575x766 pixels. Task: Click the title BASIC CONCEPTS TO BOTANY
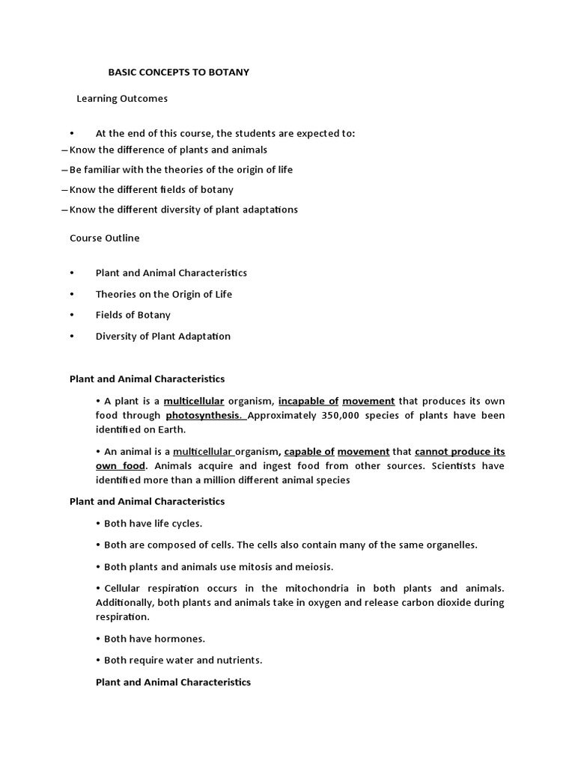tap(179, 72)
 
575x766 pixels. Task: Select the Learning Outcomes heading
tap(122, 98)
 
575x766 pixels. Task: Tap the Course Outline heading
tap(104, 238)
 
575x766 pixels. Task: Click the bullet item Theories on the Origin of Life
tap(163, 294)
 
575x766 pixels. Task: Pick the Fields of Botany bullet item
tap(133, 315)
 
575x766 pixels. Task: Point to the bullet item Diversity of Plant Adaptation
tap(162, 336)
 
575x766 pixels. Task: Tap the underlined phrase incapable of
tap(308, 401)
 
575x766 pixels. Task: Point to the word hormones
tap(178, 639)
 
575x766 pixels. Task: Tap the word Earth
tap(171, 429)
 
